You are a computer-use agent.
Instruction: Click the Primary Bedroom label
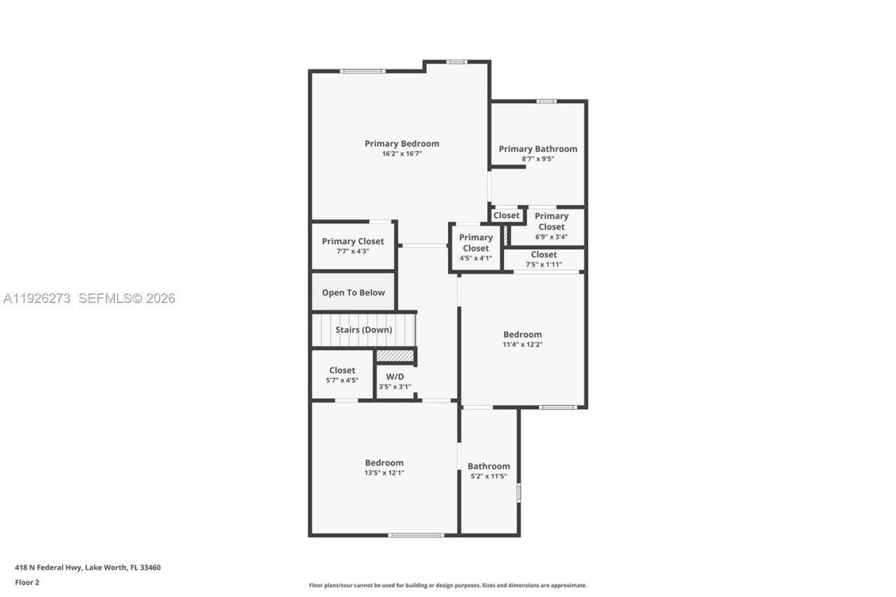point(402,143)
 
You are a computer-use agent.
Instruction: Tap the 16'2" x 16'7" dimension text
point(402,154)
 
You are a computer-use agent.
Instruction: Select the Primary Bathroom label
point(538,148)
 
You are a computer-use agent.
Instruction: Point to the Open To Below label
point(353,293)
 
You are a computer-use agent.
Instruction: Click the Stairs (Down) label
point(363,330)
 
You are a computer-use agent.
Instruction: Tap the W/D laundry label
point(395,377)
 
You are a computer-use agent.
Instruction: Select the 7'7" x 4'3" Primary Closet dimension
point(353,251)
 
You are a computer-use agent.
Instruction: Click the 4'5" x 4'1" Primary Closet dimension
point(475,258)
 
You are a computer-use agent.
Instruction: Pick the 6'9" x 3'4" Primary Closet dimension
point(551,237)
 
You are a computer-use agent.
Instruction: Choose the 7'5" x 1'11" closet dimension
point(543,265)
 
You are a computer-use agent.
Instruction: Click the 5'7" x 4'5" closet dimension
point(342,380)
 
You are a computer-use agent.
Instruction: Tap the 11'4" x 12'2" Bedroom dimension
point(522,344)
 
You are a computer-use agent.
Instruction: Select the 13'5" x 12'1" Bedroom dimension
point(384,472)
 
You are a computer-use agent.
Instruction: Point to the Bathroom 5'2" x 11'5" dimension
point(489,477)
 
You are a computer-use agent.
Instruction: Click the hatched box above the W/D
point(395,356)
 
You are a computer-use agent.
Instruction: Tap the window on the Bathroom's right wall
point(519,492)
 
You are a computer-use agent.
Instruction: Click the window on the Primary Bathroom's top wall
point(546,101)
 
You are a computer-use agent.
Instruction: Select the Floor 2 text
point(27,582)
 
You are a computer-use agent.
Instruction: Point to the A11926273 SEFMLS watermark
point(89,298)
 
